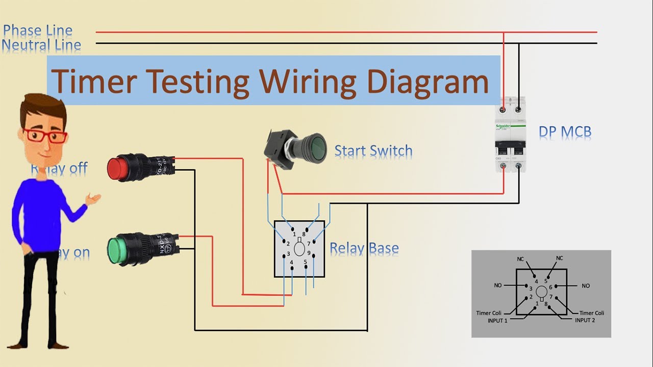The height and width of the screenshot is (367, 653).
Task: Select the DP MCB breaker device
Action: [511, 135]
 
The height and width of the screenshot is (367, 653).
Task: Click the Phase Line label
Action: [38, 31]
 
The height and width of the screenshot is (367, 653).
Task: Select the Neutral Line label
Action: [41, 45]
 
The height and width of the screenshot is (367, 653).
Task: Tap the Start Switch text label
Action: [373, 151]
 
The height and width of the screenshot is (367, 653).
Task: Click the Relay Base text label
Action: [364, 249]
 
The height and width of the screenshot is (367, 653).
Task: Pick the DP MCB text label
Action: [565, 133]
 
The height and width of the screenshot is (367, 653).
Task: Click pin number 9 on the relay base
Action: [309, 253]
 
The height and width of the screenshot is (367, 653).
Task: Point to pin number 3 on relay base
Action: [288, 253]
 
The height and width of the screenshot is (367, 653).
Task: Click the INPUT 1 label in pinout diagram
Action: [497, 321]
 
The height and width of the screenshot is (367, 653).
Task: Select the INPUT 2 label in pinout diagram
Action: [585, 321]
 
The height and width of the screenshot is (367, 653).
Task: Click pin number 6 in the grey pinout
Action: [550, 287]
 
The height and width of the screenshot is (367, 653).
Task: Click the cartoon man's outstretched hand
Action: [93, 198]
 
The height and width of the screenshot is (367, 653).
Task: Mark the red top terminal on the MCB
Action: [504, 109]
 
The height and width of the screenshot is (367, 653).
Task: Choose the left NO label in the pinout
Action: [498, 285]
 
